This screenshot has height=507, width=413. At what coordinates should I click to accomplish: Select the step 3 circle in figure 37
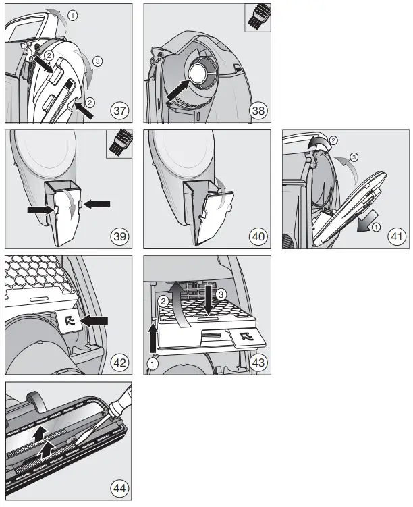coord(98,61)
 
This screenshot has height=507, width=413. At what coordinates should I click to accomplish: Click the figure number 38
coord(256,110)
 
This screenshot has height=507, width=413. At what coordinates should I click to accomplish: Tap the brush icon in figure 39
coord(121,144)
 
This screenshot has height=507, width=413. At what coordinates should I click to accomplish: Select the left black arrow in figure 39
coord(38,211)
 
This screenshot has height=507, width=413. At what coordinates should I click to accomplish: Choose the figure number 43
coord(256,363)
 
